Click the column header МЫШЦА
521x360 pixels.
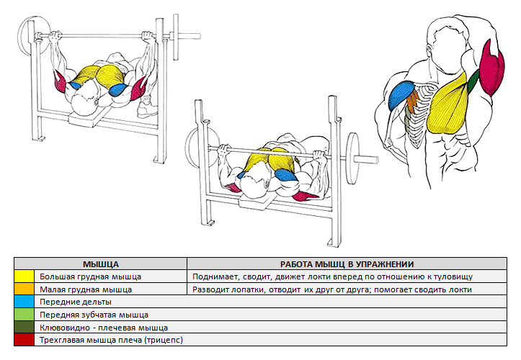coord(101,264)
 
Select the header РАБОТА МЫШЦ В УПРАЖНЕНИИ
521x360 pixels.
coord(352,264)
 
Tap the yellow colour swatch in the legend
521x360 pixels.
coord(25,276)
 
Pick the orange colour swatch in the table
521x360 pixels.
coord(25,289)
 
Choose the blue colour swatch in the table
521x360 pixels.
coord(25,302)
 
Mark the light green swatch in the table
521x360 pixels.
coord(25,314)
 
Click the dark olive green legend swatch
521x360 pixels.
coord(25,326)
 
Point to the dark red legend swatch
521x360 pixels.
coord(25,338)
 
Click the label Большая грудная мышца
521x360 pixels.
coord(91,276)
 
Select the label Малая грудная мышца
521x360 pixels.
coord(85,289)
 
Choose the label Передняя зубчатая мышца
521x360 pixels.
coord(94,314)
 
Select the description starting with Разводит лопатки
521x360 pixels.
coord(332,289)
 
